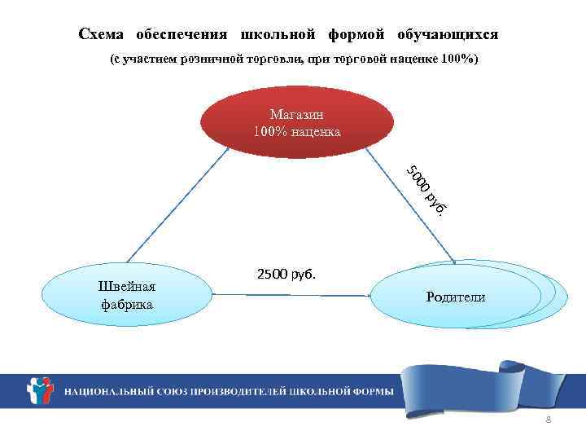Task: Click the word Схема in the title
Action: click(103, 35)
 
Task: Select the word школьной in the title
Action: click(278, 35)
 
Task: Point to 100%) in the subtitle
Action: click(461, 61)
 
